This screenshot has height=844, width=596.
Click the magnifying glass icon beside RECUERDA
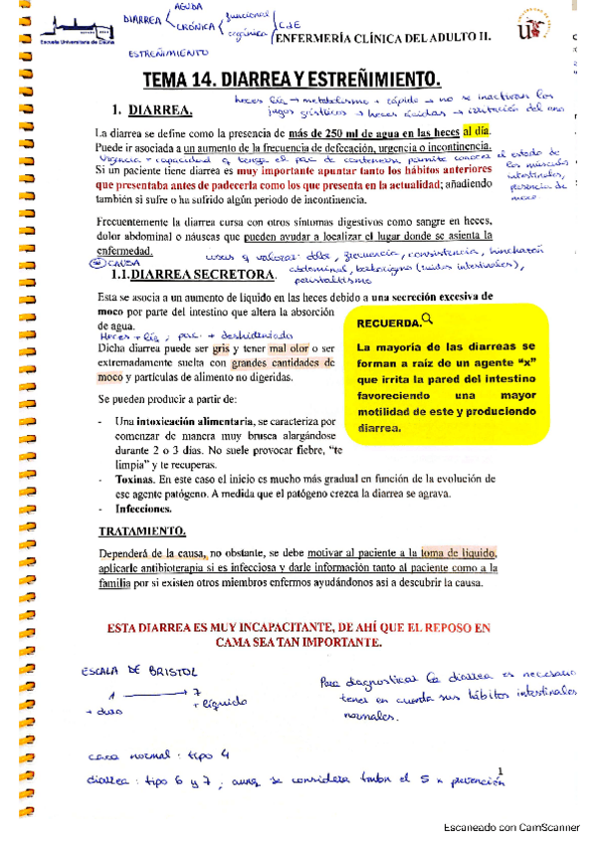click(x=428, y=318)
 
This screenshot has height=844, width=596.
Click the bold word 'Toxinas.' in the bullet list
click(x=138, y=479)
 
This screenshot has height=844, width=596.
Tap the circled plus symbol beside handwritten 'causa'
click(x=98, y=263)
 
